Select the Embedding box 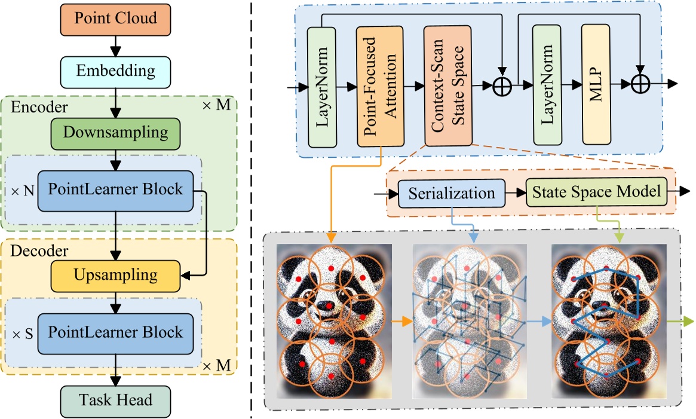[116, 71]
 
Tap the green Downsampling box [116, 132]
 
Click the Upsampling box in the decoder [116, 275]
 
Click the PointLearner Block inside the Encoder [116, 190]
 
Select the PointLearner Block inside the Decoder [116, 332]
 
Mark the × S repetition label [22, 333]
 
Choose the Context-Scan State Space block [448, 86]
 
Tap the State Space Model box [596, 192]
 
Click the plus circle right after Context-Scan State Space [502, 87]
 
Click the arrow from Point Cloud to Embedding [116, 45]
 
